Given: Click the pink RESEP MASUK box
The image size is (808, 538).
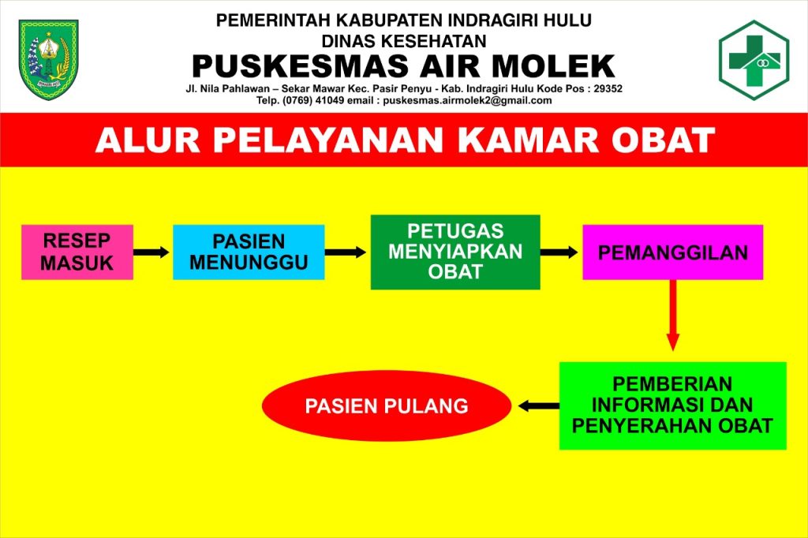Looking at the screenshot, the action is pos(77,252).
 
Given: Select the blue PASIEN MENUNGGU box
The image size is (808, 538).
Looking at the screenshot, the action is pos(249,252).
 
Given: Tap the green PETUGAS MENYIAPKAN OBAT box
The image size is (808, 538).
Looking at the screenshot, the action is pos(455,252).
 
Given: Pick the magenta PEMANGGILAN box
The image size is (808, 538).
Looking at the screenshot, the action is pos(672,252).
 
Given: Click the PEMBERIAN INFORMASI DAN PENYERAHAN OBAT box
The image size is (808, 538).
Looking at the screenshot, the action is pos(672,405).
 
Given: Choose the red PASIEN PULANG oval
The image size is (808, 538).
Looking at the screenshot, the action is pos(387,406).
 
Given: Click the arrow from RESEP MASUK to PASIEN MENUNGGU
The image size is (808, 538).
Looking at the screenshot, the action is pos(151,252).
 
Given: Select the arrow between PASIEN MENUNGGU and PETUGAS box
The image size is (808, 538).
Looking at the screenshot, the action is pos(346,252).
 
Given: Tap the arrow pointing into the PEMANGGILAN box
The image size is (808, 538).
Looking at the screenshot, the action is pos(559,252).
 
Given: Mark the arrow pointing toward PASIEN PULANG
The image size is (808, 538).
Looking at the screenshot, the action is pos(538,406).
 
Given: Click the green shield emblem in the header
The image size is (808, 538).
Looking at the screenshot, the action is pos(48,60).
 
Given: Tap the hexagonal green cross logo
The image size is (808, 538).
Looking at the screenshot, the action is pos(754,60).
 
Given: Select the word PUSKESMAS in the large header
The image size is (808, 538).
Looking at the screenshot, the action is pos(300,66).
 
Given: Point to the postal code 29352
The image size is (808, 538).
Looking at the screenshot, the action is pos(608,88).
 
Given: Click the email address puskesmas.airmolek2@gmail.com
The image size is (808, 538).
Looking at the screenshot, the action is pos(467,100).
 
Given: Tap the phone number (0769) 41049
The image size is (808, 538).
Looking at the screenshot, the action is pos(312,100).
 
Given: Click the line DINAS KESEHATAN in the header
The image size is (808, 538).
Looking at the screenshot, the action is pos(404,41).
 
